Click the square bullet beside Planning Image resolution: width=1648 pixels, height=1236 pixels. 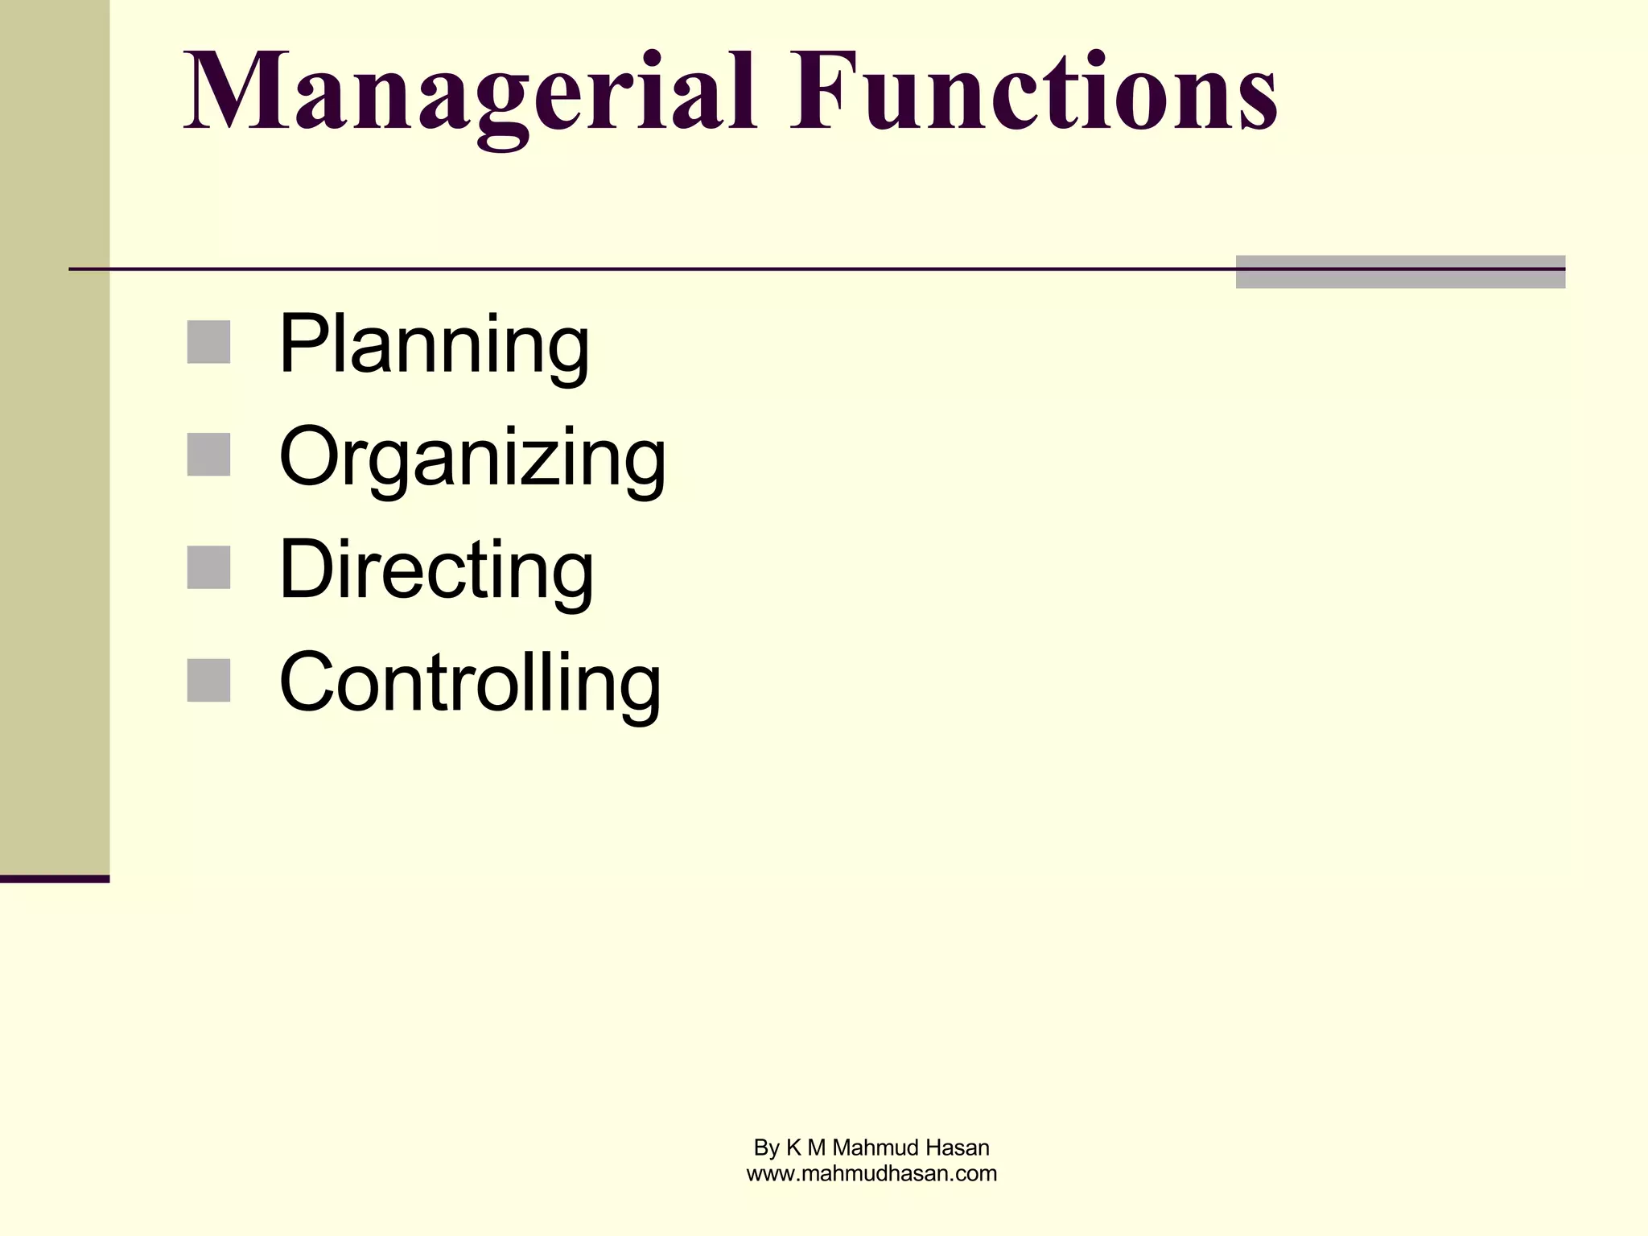pyautogui.click(x=208, y=342)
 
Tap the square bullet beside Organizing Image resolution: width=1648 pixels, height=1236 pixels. pyautogui.click(x=208, y=455)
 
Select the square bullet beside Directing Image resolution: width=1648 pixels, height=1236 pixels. pyautogui.click(x=208, y=567)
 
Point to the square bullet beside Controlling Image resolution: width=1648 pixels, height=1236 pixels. pyautogui.click(x=208, y=680)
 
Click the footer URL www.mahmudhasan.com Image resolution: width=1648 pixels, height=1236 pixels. pyautogui.click(x=871, y=1174)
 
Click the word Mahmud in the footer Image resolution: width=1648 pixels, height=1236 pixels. pyautogui.click(x=871, y=1147)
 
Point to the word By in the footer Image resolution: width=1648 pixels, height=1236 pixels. pyautogui.click(x=767, y=1148)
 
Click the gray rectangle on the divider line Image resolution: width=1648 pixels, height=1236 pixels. pyautogui.click(x=1400, y=272)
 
